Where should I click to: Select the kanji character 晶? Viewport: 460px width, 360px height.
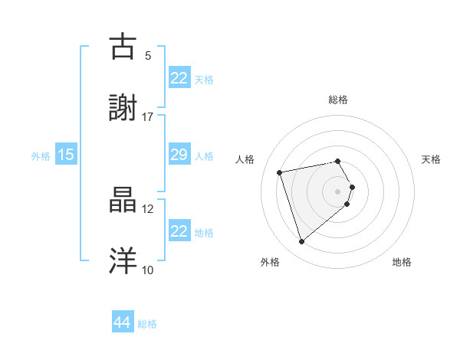[125, 201]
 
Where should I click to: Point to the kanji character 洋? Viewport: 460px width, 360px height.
[125, 261]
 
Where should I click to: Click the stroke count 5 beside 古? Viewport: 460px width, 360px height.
[148, 55]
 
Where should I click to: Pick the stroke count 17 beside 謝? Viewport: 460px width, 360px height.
[148, 116]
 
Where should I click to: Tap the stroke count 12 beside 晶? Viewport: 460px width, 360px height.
[148, 208]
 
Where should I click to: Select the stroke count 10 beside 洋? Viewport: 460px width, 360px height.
[148, 270]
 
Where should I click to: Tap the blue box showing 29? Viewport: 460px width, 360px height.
[179, 155]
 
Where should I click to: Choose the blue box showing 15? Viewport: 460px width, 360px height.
[65, 155]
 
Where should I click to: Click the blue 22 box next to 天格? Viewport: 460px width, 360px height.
[179, 78]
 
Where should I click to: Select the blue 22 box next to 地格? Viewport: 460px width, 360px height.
[179, 231]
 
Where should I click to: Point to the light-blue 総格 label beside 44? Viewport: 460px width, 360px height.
[147, 324]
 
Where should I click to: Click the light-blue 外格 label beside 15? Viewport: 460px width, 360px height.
[41, 155]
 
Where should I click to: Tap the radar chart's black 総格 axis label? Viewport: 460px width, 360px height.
[338, 100]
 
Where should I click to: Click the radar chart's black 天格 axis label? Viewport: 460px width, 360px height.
[432, 159]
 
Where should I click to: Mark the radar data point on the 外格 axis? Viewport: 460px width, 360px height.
[301, 242]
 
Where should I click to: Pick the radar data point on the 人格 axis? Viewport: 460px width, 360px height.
[280, 172]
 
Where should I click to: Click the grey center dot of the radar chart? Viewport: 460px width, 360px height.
[338, 191]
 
